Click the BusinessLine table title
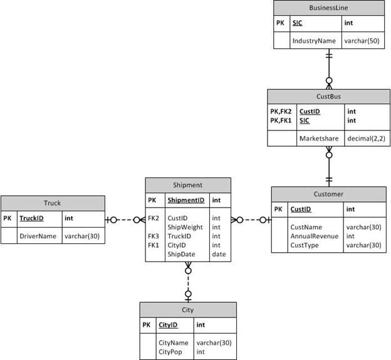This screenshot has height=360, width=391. [329, 8]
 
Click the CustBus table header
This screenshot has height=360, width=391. [328, 96]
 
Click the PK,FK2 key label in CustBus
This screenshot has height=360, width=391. [281, 111]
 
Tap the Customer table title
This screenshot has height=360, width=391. [328, 194]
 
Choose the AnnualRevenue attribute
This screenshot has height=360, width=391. [313, 236]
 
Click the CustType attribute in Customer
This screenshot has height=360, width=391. [305, 245]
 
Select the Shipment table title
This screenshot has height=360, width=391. [187, 185]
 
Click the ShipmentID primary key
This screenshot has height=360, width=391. [185, 200]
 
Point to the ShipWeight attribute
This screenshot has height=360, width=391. [185, 227]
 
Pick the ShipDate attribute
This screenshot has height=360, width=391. [181, 254]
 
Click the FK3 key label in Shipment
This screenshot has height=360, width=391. [154, 236]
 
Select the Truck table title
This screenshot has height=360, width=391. [53, 203]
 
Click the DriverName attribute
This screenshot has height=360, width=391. [38, 236]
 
